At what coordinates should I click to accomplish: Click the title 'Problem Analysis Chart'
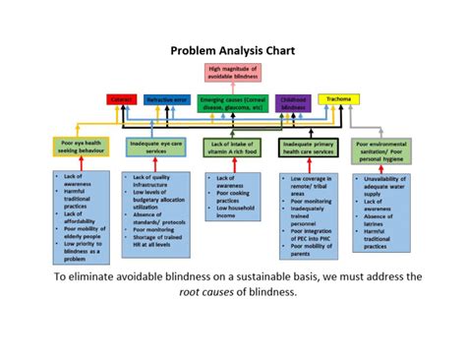pos(232,49)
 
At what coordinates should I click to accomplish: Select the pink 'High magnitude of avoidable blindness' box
pos(233,72)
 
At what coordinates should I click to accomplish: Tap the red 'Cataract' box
pos(122,99)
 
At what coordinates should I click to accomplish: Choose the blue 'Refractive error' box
pos(167,99)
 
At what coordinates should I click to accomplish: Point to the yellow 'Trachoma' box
pos(339,98)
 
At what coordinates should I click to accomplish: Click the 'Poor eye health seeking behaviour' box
pos(75,147)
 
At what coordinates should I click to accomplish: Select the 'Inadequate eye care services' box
pos(158,147)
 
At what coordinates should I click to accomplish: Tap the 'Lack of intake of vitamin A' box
pos(232,147)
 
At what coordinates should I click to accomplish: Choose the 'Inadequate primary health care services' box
pos(310,147)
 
